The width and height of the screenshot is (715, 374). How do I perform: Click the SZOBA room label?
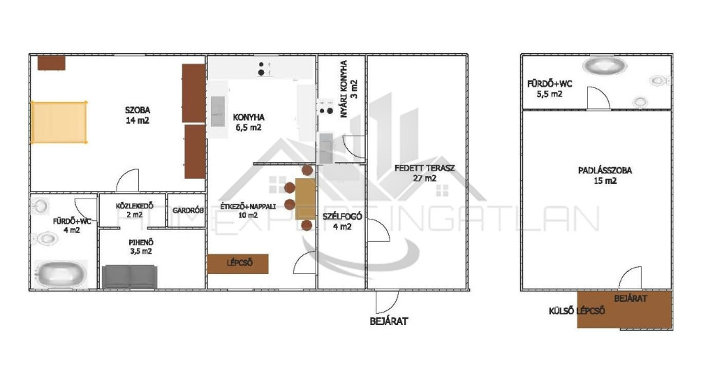138,110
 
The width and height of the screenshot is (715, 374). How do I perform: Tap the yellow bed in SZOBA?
59,122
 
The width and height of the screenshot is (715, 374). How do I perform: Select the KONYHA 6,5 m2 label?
249,122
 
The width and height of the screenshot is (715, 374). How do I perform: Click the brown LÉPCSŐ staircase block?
237,264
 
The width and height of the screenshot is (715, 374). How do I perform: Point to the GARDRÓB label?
188,210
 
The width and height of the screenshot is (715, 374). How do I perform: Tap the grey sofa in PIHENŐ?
129,276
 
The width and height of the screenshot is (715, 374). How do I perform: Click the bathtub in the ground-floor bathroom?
61,274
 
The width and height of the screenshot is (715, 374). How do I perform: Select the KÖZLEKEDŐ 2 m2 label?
135,210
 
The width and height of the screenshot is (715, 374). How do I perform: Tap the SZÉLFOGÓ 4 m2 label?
342,221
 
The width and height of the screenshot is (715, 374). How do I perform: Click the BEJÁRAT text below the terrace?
388,321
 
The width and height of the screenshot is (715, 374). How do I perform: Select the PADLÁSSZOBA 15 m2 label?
605,175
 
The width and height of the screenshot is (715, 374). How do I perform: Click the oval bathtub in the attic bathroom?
605,65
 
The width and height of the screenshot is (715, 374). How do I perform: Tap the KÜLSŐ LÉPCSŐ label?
577,311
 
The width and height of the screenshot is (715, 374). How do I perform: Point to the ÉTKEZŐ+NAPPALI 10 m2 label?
248,210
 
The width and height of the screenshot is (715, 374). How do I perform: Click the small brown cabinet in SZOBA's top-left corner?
51,62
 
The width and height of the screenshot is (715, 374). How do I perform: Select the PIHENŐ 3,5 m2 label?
141,247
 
